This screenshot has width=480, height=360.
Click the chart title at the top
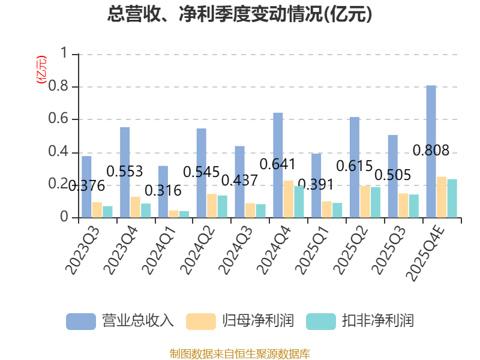pyautogui.click(x=240, y=14)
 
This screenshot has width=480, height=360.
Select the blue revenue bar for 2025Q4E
pyautogui.click(x=431, y=151)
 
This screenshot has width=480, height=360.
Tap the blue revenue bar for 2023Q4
pyautogui.click(x=125, y=172)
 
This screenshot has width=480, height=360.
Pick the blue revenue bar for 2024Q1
pyautogui.click(x=163, y=191)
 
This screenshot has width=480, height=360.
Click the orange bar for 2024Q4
pyautogui.click(x=289, y=199)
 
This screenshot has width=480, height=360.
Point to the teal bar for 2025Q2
pyautogui.click(x=376, y=202)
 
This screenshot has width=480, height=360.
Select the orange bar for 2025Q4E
pyautogui.click(x=442, y=197)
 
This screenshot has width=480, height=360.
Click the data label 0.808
pyautogui.click(x=431, y=151)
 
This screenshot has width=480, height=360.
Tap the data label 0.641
pyautogui.click(x=278, y=164)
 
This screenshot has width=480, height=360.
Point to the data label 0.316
pyautogui.click(x=163, y=191)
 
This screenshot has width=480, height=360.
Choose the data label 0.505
pyautogui.click(x=392, y=175)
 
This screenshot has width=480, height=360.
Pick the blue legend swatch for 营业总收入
pyautogui.click(x=81, y=321)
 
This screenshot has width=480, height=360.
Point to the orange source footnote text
pyautogui.click(x=240, y=353)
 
